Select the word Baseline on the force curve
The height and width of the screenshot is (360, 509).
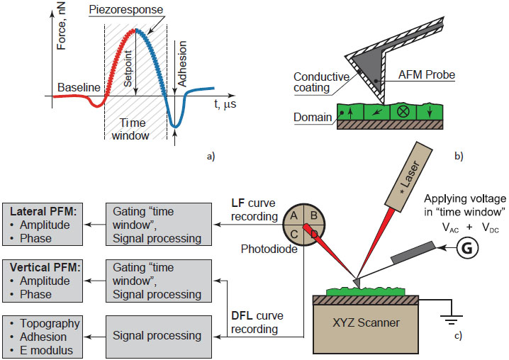tap(79, 88)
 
